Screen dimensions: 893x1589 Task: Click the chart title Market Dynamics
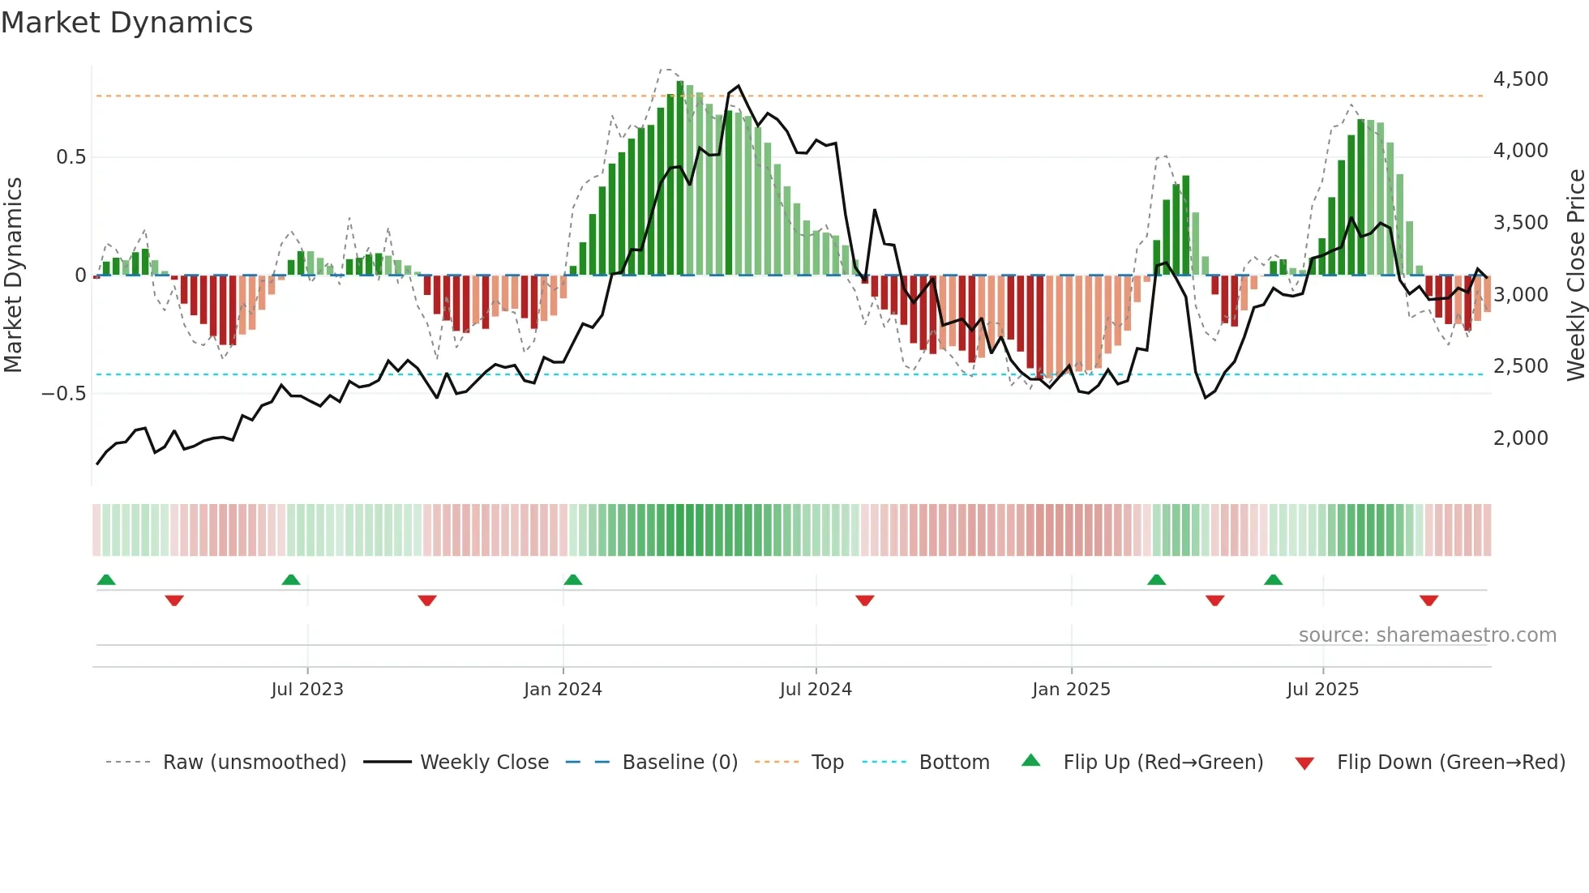(126, 23)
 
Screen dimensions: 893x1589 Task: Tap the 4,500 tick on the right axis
(1520, 79)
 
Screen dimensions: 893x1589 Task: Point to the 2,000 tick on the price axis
(1520, 438)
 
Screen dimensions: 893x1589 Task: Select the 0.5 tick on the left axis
(71, 157)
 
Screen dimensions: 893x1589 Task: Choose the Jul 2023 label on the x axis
(307, 690)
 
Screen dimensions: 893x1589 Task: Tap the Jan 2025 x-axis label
(1071, 690)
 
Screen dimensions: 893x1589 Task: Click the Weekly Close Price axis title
(1575, 276)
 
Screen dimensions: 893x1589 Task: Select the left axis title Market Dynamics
(13, 276)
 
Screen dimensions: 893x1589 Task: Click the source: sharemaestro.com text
(1427, 635)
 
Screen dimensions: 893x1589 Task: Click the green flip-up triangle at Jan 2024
(573, 580)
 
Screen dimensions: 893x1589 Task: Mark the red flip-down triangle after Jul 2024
(865, 600)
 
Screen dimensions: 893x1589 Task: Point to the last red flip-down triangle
(1428, 600)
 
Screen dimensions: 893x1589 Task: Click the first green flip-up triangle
(106, 580)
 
